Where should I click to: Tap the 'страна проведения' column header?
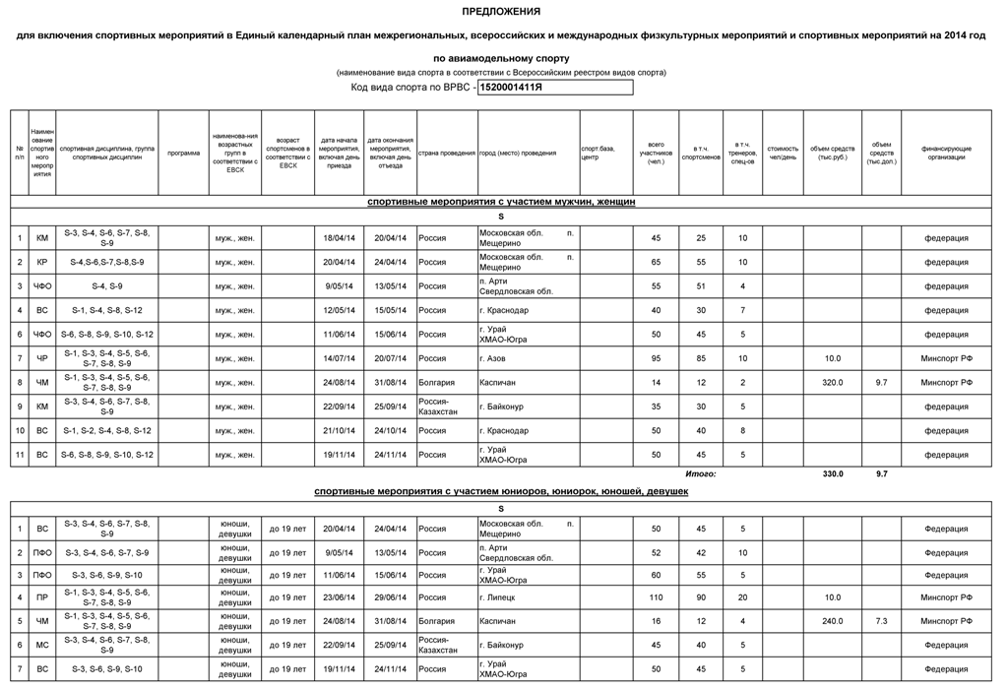tap(447, 154)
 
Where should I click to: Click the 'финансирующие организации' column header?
tap(946, 154)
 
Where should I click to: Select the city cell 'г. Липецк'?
tap(496, 597)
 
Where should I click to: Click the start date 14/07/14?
tap(339, 358)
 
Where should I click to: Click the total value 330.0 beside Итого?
tap(832, 473)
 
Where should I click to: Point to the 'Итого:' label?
tap(701, 473)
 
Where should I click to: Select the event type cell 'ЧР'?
tap(42, 358)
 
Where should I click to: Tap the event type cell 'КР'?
tap(42, 262)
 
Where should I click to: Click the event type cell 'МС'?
tap(42, 645)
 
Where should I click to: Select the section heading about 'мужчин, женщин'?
tap(501, 202)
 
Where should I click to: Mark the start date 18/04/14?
tap(339, 238)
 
